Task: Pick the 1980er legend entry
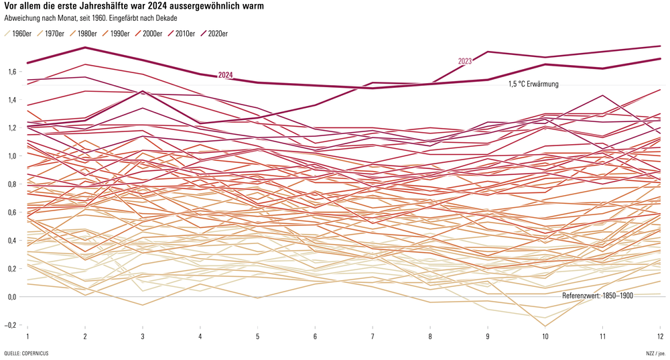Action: click(84, 34)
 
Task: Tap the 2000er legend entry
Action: click(151, 34)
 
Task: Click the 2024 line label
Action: click(225, 75)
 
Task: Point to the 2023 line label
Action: click(465, 61)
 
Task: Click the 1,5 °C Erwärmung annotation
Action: click(533, 84)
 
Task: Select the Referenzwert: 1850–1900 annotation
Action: click(597, 295)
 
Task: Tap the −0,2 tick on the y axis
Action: click(9, 324)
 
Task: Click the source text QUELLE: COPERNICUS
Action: click(26, 353)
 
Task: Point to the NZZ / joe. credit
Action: click(651, 353)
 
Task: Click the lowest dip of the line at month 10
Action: click(545, 326)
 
